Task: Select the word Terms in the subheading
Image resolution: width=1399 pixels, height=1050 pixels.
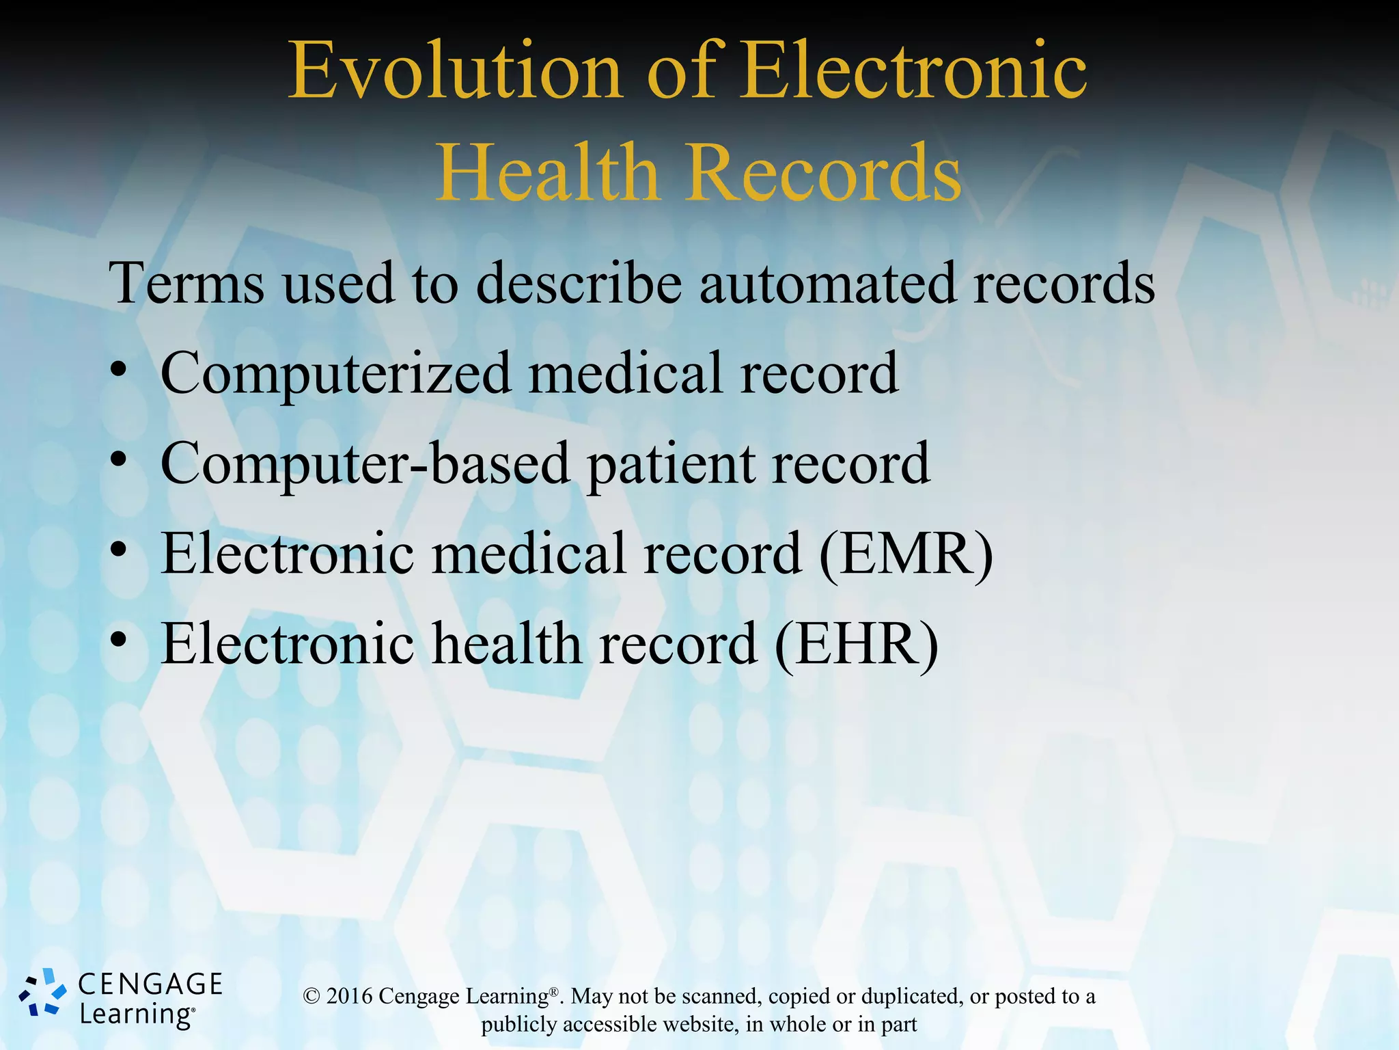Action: point(186,283)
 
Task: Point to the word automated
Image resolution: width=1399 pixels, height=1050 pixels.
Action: point(827,283)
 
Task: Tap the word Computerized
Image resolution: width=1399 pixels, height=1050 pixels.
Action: point(336,375)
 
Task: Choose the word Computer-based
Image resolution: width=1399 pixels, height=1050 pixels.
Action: point(365,465)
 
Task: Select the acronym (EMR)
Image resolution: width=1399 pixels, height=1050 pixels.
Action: point(906,554)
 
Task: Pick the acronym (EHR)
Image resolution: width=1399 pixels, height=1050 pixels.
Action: point(857,645)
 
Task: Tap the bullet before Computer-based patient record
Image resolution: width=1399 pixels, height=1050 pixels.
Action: point(119,460)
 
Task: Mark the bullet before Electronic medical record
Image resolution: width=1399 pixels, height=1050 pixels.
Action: point(119,550)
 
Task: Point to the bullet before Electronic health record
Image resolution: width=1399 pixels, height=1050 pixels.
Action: point(119,640)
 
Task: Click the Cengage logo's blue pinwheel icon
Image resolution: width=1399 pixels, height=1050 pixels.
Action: point(42,993)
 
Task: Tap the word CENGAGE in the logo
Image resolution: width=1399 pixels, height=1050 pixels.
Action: point(150,984)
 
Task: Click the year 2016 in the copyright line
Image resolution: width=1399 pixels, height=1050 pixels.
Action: point(349,996)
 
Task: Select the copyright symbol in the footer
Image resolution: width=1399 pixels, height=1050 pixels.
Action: point(311,996)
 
